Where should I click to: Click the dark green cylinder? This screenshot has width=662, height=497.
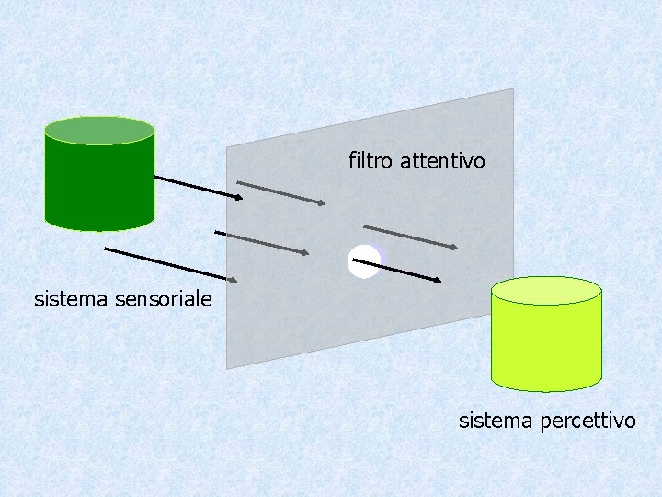(99, 184)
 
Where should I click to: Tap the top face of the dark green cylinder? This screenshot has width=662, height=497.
(99, 131)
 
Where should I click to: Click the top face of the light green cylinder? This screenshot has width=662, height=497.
(546, 291)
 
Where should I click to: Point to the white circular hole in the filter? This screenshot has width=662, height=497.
(362, 262)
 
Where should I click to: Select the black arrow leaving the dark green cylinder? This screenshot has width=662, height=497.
(198, 187)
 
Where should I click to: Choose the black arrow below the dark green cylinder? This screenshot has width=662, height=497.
(171, 264)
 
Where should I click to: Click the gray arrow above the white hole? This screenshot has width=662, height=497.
(410, 237)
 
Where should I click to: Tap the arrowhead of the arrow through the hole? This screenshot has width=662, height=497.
(438, 280)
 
